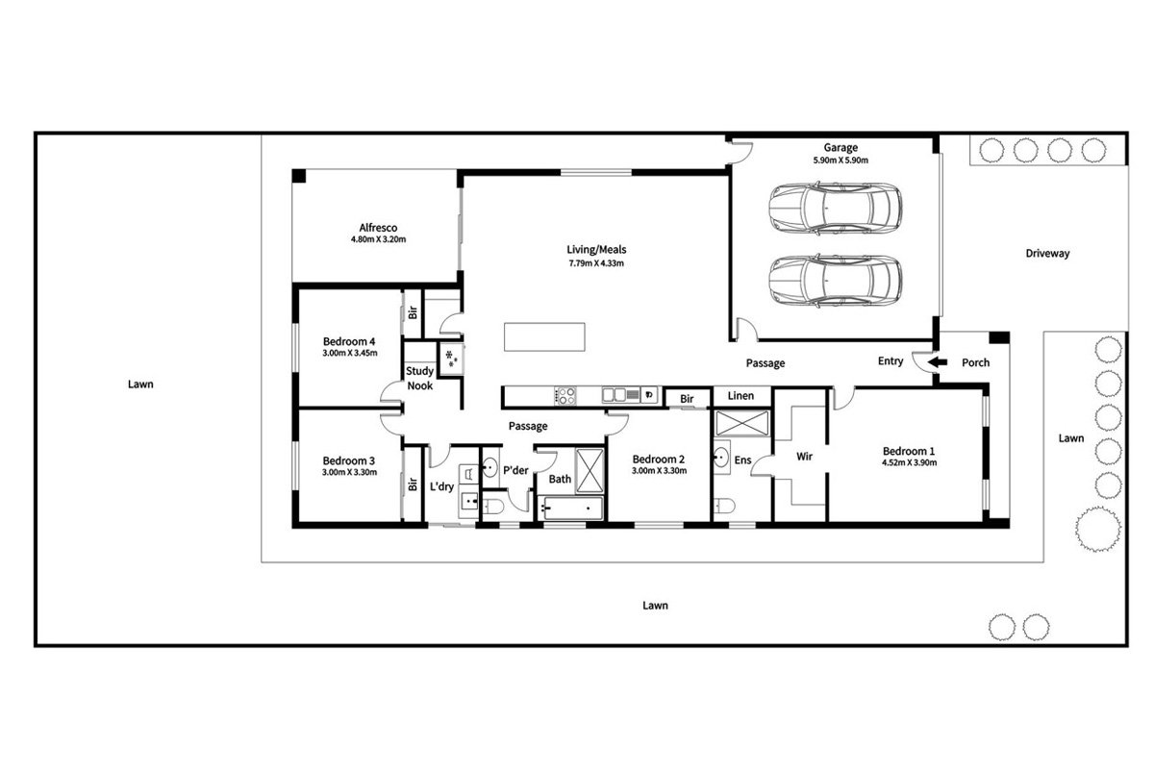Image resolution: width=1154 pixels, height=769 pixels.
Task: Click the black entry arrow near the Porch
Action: click(x=938, y=362)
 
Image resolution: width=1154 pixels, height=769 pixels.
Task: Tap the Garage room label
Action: click(x=840, y=147)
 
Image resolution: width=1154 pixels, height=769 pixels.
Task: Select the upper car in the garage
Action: click(x=835, y=208)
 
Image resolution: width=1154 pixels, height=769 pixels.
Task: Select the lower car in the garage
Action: click(x=835, y=282)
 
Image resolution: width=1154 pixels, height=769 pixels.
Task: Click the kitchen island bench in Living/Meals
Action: click(x=544, y=336)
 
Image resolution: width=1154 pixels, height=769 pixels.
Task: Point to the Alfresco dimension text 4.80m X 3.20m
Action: click(x=378, y=239)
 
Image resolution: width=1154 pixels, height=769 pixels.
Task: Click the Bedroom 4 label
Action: click(x=349, y=341)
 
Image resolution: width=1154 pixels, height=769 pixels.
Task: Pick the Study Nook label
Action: click(x=420, y=378)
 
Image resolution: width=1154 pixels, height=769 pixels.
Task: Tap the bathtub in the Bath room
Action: click(x=570, y=509)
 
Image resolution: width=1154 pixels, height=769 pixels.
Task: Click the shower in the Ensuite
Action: click(x=741, y=423)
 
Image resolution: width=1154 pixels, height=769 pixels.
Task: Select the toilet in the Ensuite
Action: click(x=723, y=506)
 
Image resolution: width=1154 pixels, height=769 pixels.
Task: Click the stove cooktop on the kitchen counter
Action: click(x=565, y=396)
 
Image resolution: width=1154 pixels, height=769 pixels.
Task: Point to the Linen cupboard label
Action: click(x=740, y=396)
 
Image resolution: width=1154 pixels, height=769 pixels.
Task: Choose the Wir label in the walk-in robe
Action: click(x=804, y=457)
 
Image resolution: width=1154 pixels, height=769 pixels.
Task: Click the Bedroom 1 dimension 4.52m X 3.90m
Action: click(x=910, y=462)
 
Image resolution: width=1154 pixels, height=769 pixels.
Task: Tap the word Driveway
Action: click(x=1047, y=254)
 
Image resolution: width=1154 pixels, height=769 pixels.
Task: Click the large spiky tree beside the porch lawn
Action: click(x=1098, y=529)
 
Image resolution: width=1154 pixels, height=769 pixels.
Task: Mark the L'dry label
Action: click(x=441, y=486)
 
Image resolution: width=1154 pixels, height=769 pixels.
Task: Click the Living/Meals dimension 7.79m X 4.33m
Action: click(x=596, y=263)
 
